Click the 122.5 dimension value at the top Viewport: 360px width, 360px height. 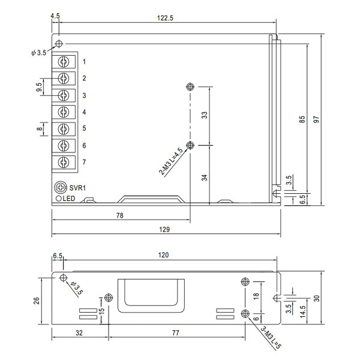coord(165,18)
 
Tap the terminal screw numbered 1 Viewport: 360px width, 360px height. coord(64,62)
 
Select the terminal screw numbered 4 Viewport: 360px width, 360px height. coord(64,112)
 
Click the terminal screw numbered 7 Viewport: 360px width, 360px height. coord(64,163)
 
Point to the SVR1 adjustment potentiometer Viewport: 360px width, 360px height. coord(61,187)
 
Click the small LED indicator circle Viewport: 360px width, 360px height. coord(59,199)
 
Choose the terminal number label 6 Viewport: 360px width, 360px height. coord(84,145)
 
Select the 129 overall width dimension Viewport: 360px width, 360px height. coord(164,229)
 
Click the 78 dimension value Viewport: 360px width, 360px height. coord(119,215)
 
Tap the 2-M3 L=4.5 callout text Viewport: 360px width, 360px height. coord(171,161)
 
